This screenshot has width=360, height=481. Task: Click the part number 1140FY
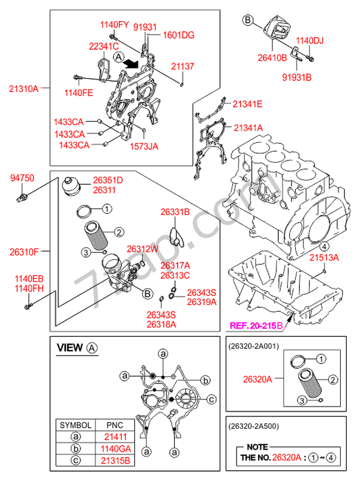click(114, 25)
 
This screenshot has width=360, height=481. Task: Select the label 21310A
click(23, 88)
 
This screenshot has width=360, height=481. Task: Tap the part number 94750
click(22, 178)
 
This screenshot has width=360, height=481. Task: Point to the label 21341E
click(248, 104)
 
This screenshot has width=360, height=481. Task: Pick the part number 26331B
click(175, 212)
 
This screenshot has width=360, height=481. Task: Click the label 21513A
click(324, 257)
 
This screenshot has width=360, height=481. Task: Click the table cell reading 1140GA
click(113, 448)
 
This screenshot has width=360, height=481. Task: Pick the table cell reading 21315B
click(113, 460)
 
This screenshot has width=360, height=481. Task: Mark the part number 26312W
click(142, 249)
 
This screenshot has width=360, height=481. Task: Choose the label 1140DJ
click(310, 41)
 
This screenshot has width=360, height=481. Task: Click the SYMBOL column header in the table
click(76, 425)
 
